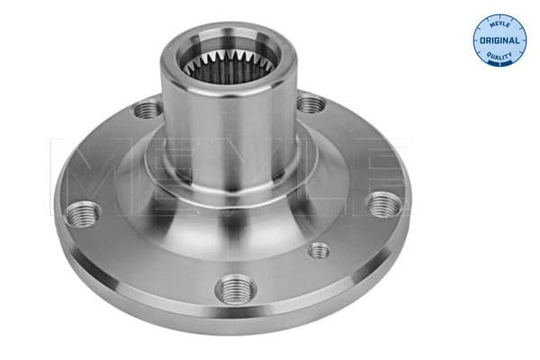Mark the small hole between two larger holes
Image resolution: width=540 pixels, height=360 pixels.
point(319,249)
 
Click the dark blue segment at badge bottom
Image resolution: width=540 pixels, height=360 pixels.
point(499,64)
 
